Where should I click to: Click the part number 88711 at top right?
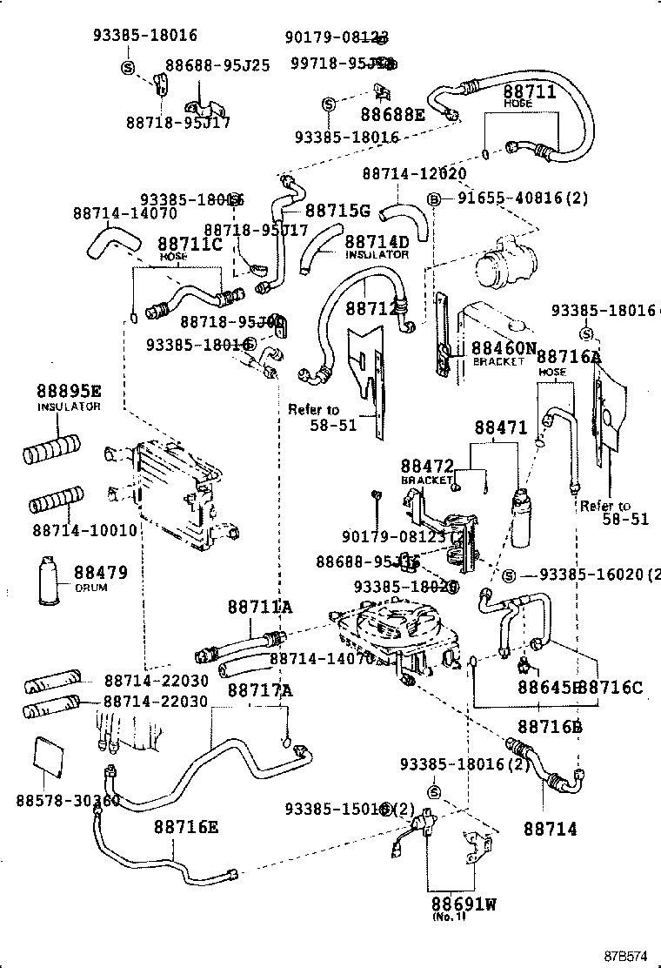529,91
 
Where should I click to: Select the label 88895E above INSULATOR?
69,391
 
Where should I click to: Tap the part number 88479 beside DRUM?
100,573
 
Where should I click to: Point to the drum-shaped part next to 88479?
50,578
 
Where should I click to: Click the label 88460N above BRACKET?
504,347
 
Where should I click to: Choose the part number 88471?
500,428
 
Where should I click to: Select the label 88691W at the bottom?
463,904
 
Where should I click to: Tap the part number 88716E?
186,826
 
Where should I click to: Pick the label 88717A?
260,690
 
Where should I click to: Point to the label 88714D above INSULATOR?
377,241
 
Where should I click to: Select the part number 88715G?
337,211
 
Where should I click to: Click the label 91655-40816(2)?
523,198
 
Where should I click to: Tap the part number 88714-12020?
414,174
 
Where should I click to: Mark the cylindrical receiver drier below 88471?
522,517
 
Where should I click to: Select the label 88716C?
611,688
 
